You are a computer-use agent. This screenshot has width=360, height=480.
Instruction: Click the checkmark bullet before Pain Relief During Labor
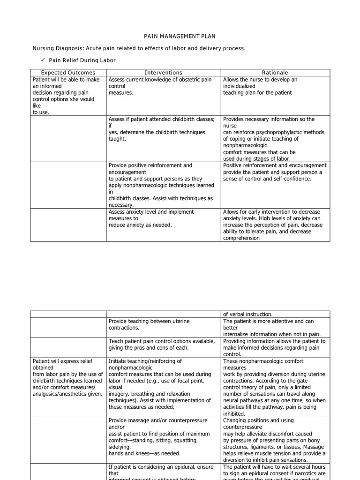(x=42, y=60)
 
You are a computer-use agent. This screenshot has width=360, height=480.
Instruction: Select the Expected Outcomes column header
(x=68, y=73)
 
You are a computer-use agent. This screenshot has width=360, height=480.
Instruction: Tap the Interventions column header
(x=163, y=73)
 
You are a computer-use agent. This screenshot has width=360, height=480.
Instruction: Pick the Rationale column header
(x=275, y=73)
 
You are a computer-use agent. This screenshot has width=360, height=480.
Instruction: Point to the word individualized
(x=240, y=86)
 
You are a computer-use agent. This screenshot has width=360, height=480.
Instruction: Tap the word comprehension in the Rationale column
(x=241, y=238)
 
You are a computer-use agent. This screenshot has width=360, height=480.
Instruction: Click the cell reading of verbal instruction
(x=247, y=314)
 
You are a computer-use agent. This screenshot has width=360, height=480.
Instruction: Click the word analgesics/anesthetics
(x=62, y=394)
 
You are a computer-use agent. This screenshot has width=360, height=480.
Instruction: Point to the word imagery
(x=120, y=394)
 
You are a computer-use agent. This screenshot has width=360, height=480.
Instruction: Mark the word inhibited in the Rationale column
(x=234, y=414)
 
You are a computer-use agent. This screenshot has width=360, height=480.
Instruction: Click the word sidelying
(x=120, y=447)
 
